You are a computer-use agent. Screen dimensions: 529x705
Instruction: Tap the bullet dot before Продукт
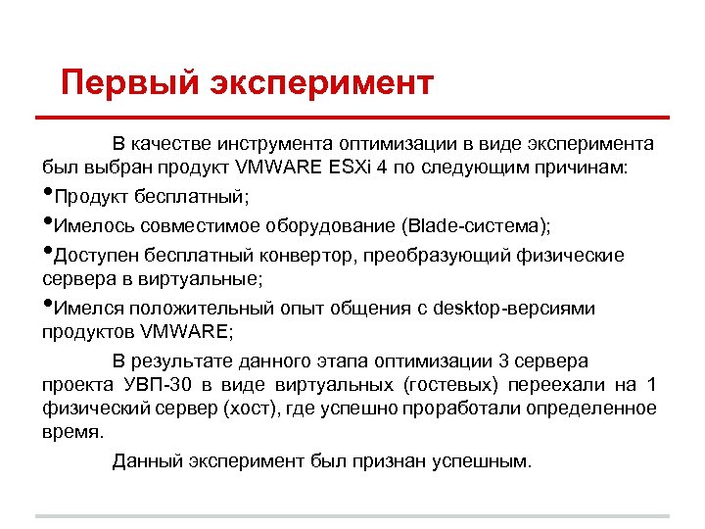pos(48,194)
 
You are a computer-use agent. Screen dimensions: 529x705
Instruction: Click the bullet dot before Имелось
pos(48,223)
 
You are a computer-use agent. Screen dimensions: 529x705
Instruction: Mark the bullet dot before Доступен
pos(48,253)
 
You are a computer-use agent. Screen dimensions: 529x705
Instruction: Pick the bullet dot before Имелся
pos(48,307)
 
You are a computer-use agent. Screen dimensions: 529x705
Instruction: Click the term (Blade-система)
pos(475,226)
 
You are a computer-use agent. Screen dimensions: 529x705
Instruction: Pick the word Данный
pos(146,460)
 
